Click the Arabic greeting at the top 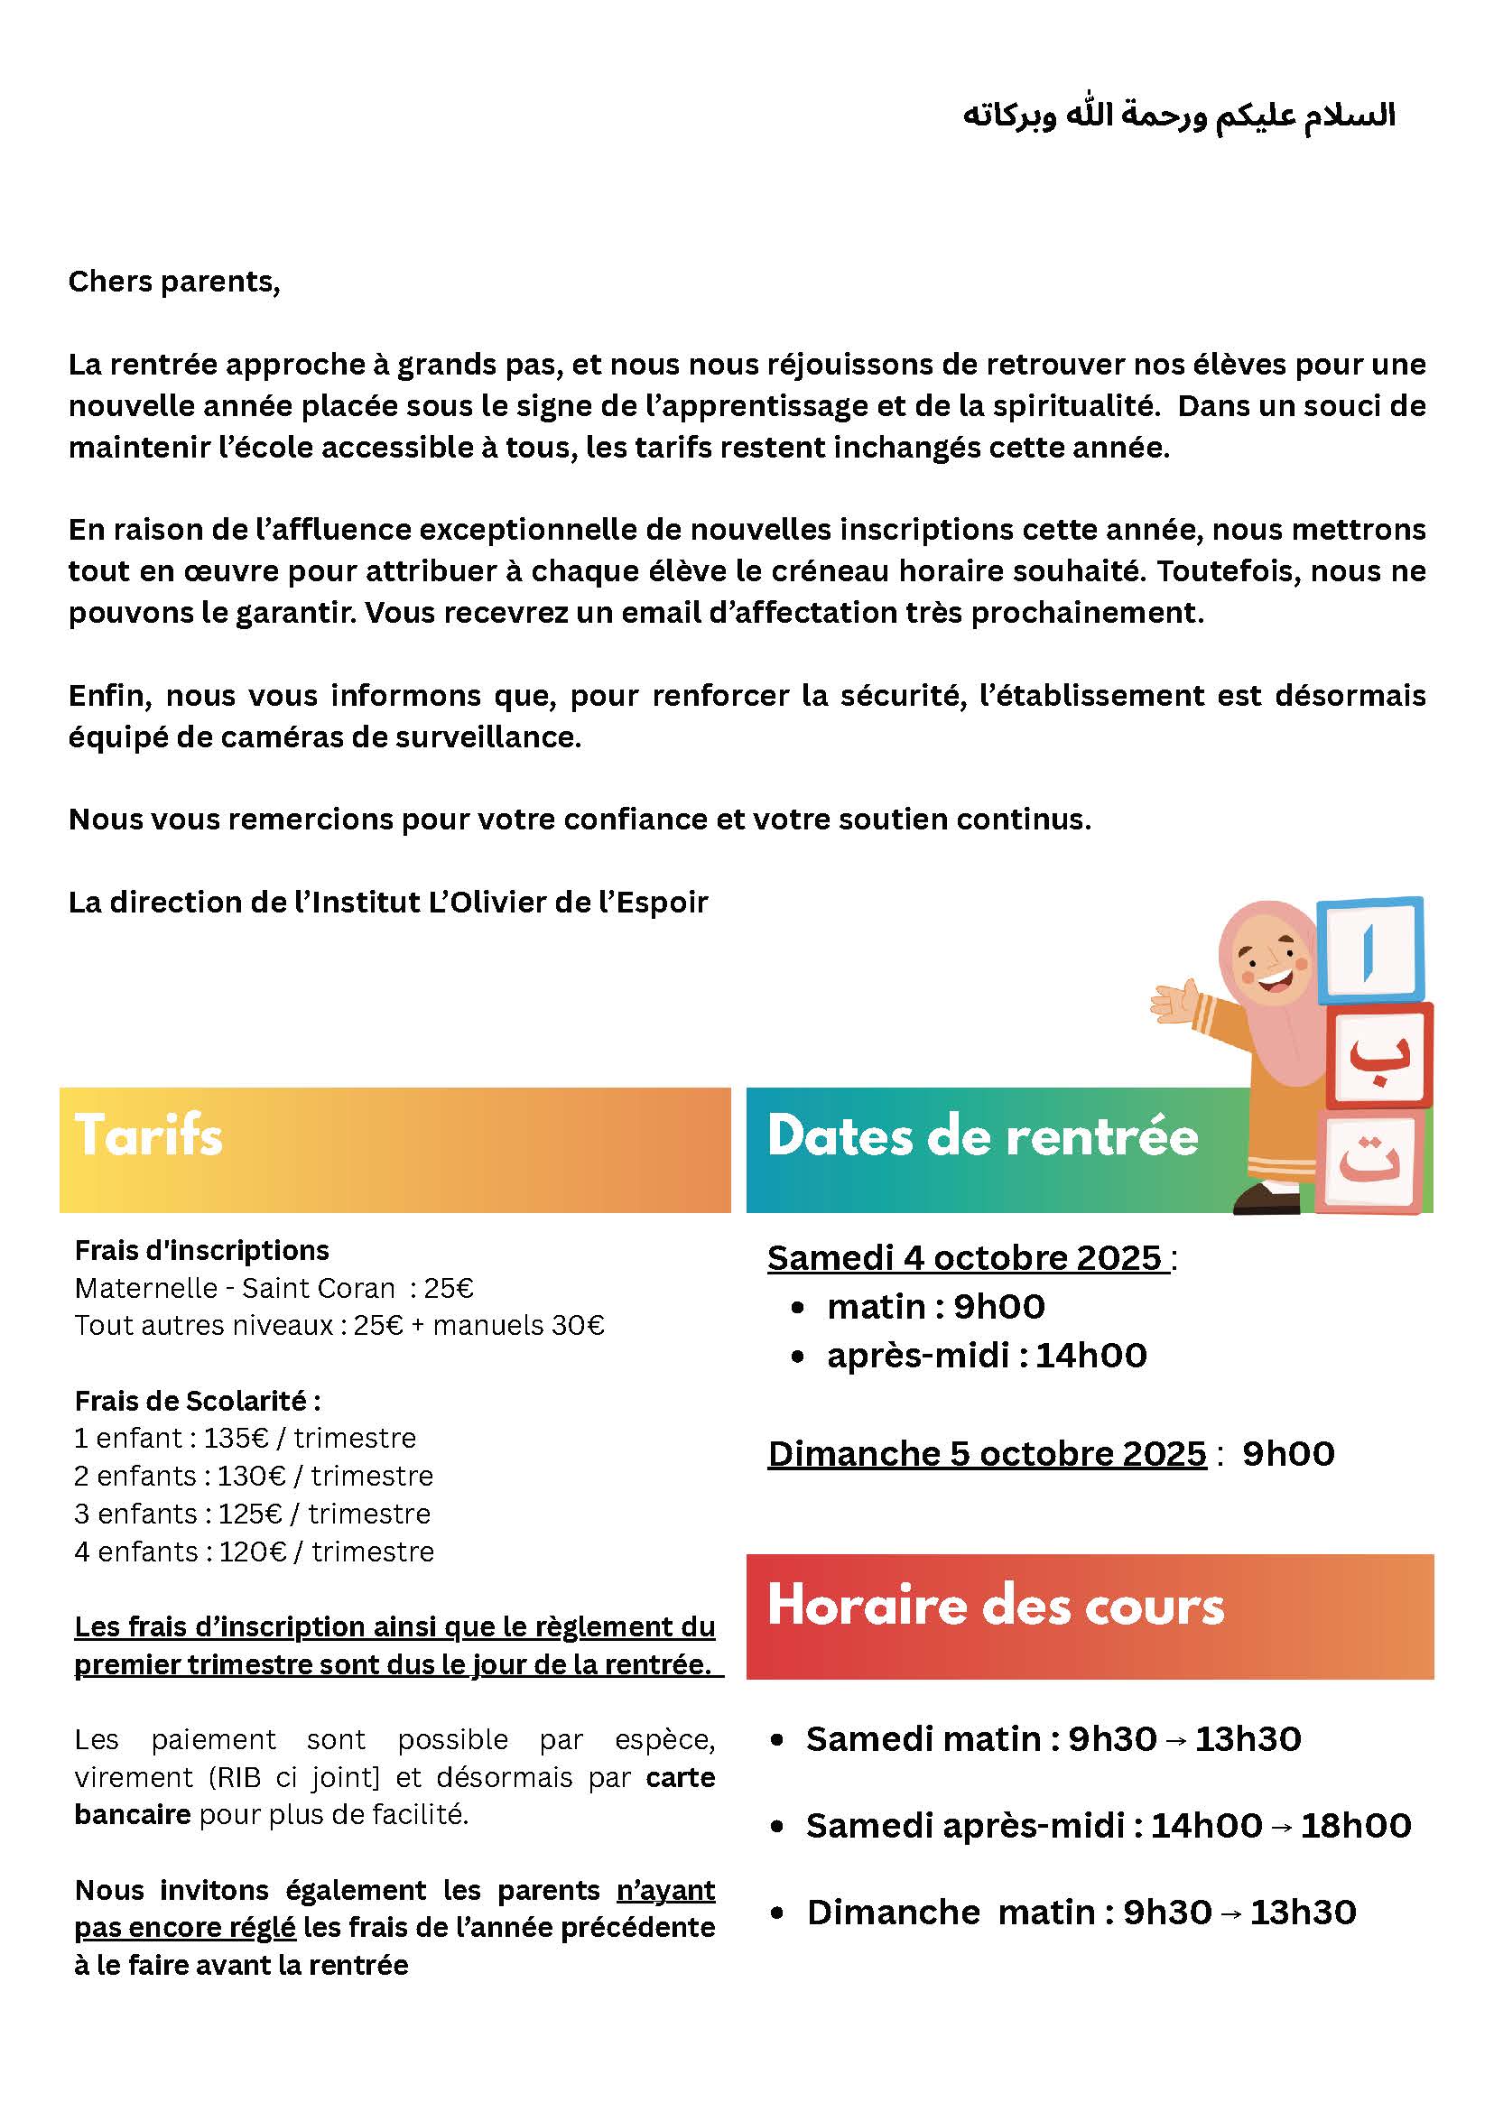click(x=1179, y=116)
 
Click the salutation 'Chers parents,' click(x=174, y=282)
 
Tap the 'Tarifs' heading click(x=149, y=1135)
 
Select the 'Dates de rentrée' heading click(x=982, y=1136)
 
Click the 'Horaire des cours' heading click(x=996, y=1606)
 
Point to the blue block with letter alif click(x=1369, y=951)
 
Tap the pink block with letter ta click(x=1369, y=1161)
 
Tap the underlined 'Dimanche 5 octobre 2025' click(x=986, y=1453)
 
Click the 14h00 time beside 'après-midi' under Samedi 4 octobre click(x=1091, y=1355)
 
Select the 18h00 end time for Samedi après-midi click(x=1356, y=1825)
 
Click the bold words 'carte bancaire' click(x=681, y=1777)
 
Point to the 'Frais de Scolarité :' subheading click(x=197, y=1401)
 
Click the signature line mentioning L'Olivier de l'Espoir click(x=387, y=903)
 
